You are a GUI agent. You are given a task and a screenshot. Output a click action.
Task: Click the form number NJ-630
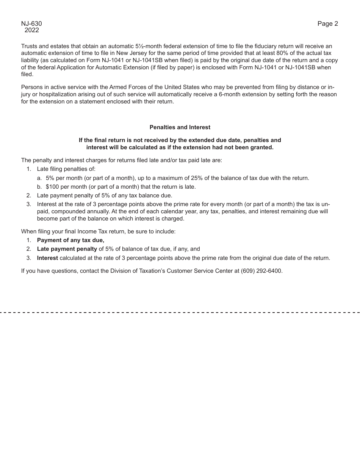tap(31, 24)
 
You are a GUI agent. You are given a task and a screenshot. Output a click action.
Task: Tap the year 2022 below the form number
tap(32, 30)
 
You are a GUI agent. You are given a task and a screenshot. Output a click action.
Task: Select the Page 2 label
tap(327, 24)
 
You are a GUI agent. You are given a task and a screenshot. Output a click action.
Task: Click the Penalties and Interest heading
tap(180, 127)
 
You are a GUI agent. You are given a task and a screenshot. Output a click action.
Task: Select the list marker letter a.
tap(39, 178)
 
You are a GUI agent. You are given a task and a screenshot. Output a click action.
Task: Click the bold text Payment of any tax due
tap(70, 240)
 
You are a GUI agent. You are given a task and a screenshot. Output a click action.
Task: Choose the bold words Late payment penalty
tap(67, 249)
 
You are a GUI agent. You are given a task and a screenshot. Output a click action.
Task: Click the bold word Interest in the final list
tap(47, 258)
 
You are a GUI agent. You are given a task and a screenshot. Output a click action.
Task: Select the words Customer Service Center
tap(196, 271)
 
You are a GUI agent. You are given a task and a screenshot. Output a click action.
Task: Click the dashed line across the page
tap(180, 313)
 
